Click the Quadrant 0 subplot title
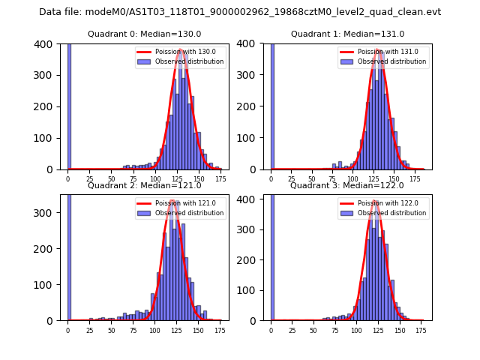pyautogui.click(x=145, y=34)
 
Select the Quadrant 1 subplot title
pyautogui.click(x=348, y=34)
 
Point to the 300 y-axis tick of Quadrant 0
pyautogui.click(x=45, y=75)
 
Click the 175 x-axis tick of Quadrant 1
pyautogui.click(x=424, y=179)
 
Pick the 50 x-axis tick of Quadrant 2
pyautogui.click(x=111, y=330)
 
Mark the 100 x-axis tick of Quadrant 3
pyautogui.click(x=356, y=330)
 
